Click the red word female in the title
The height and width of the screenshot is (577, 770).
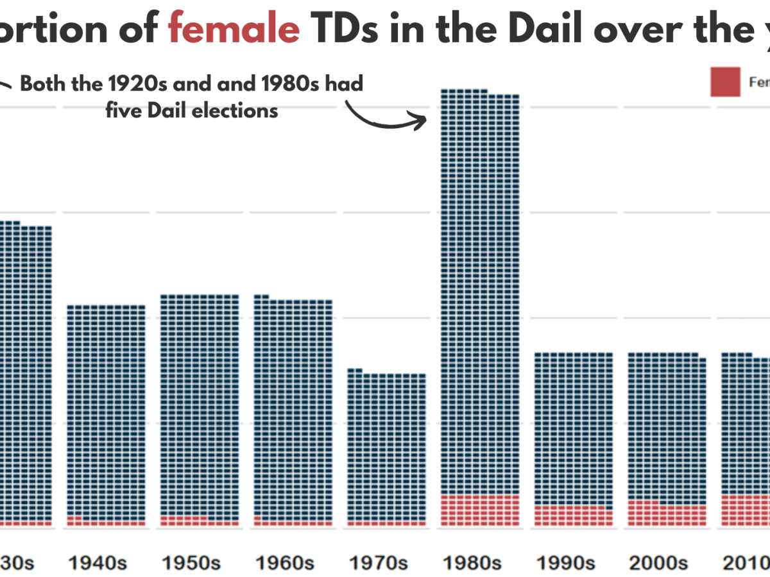[x=234, y=30]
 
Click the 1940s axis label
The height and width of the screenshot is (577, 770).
[x=97, y=563]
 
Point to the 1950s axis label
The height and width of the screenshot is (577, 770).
[x=191, y=563]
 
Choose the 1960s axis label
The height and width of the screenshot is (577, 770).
[x=285, y=563]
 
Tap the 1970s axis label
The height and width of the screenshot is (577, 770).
[x=379, y=563]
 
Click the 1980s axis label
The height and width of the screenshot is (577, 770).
[x=472, y=563]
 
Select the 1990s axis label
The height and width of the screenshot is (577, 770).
[x=566, y=563]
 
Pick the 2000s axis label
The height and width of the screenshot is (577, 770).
[x=660, y=563]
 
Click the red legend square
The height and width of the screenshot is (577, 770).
[x=725, y=81]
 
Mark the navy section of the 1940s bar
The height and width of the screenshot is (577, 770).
[x=107, y=410]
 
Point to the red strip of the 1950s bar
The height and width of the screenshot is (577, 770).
[x=200, y=522]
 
